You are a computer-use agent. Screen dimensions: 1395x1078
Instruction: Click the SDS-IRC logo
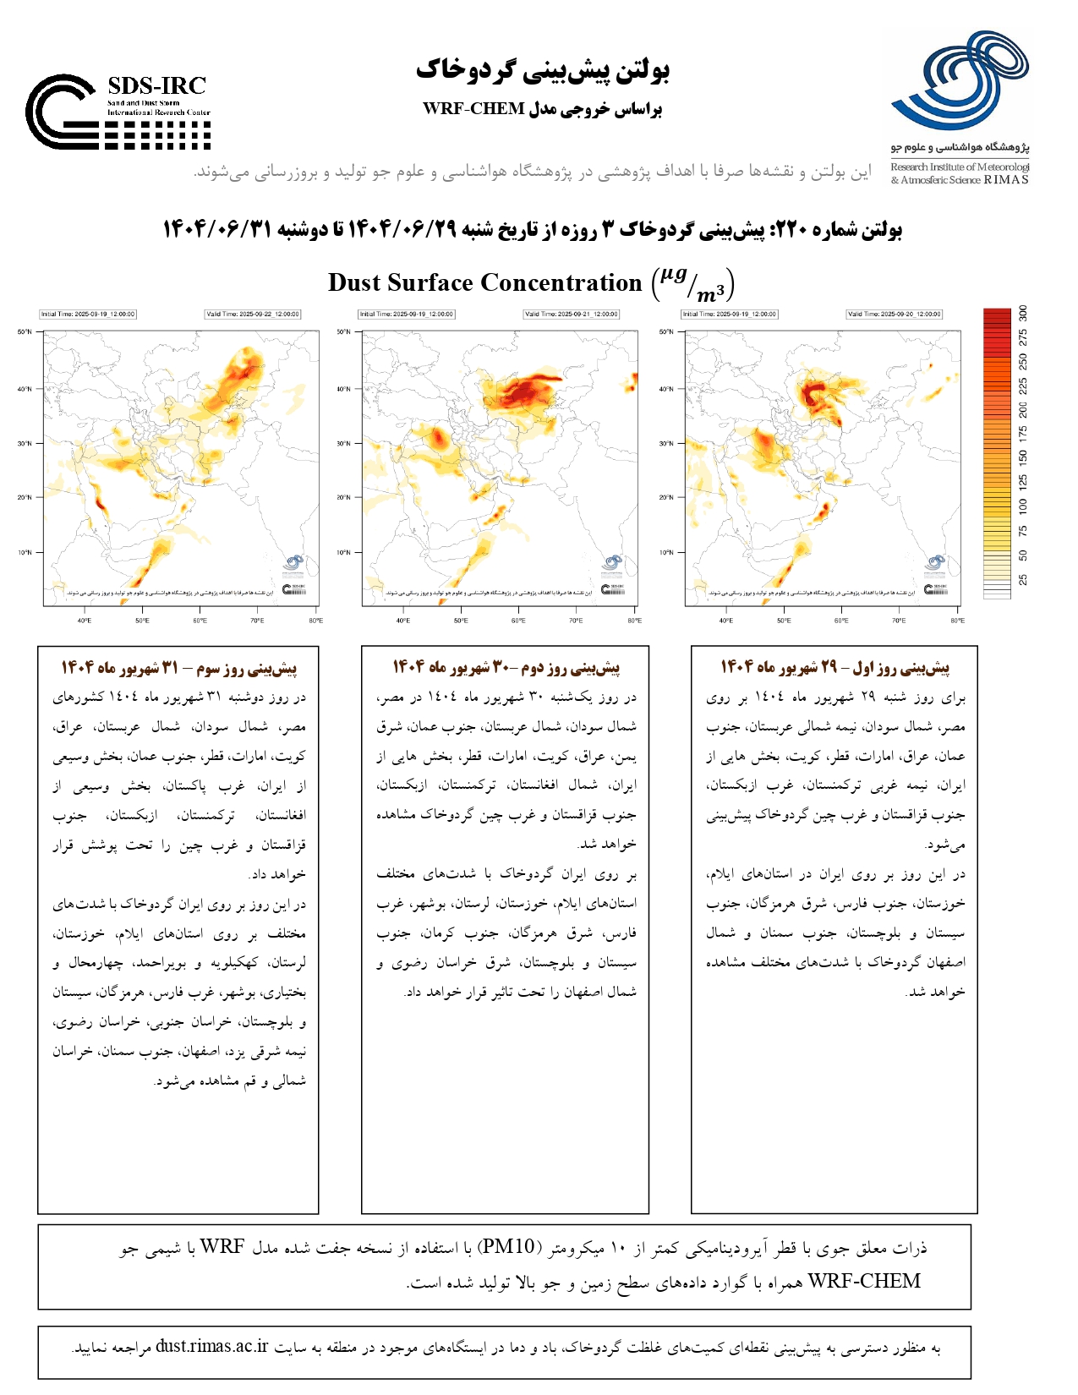118,112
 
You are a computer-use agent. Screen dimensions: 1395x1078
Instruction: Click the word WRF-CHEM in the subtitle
473,109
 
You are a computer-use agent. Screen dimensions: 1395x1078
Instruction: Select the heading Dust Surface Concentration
484,282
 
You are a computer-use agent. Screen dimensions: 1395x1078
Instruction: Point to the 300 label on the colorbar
1023,313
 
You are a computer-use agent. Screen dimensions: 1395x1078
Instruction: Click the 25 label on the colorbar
1023,580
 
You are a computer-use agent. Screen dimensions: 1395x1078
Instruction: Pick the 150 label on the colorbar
1023,457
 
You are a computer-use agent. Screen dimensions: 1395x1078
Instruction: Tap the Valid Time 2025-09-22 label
253,315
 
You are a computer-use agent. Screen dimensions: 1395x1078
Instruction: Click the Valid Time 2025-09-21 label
572,315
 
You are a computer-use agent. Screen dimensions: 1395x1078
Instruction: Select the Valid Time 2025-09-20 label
894,315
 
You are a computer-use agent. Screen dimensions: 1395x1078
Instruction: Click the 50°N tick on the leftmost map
25,332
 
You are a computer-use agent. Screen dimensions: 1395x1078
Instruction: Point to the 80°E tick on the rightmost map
956,621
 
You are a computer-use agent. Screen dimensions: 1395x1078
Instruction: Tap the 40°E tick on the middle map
403,621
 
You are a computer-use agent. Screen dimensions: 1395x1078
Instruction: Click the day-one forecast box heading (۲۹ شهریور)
834,668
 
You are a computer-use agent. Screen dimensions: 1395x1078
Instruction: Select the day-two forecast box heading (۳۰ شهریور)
506,668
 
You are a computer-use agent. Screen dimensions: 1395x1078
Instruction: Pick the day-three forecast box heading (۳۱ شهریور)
178,668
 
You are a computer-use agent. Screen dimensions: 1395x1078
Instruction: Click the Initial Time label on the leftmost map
88,315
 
